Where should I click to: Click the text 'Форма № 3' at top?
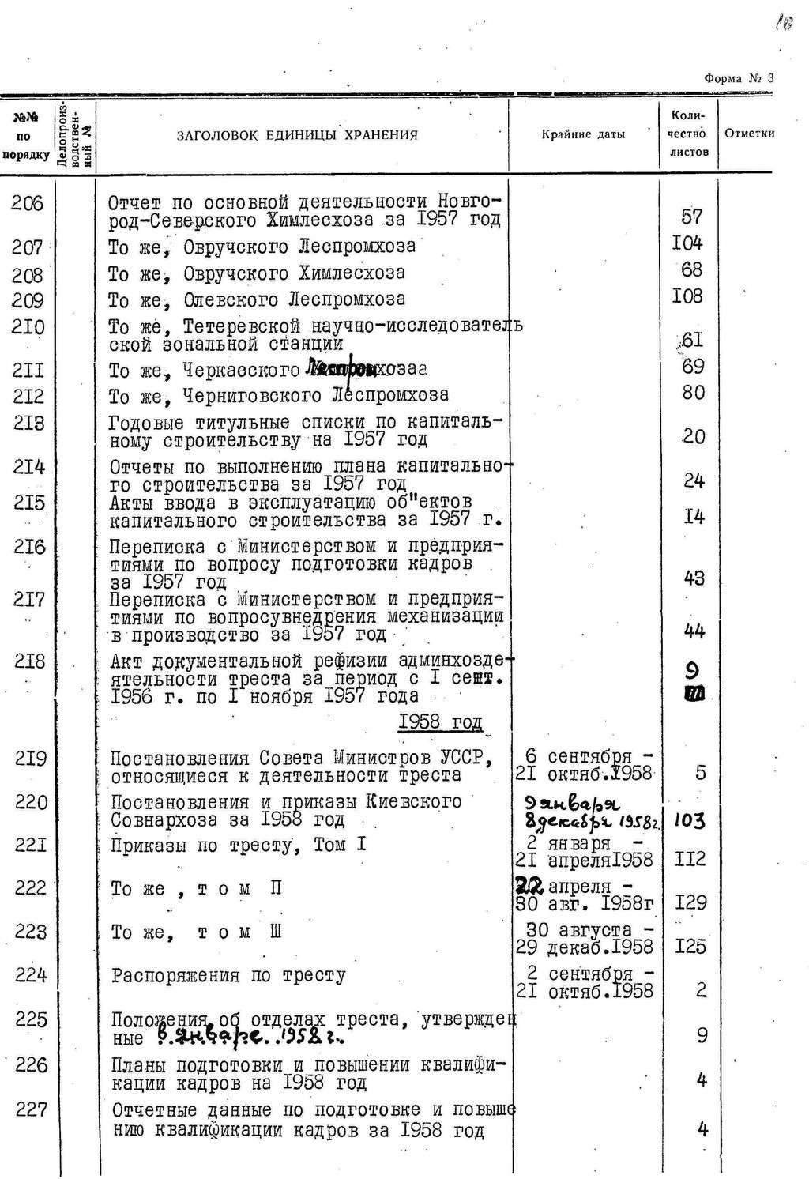(x=739, y=77)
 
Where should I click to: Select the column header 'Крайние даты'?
(x=583, y=134)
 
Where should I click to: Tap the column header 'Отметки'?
(x=749, y=134)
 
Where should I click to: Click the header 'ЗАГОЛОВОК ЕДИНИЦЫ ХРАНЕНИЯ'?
(x=297, y=135)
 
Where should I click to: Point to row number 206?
(x=28, y=204)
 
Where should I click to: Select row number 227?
(x=32, y=1110)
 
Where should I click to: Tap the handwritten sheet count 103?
(x=689, y=820)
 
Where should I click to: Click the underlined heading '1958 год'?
(x=440, y=722)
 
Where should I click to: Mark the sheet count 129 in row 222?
(x=690, y=902)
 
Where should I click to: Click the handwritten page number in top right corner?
(x=784, y=24)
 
